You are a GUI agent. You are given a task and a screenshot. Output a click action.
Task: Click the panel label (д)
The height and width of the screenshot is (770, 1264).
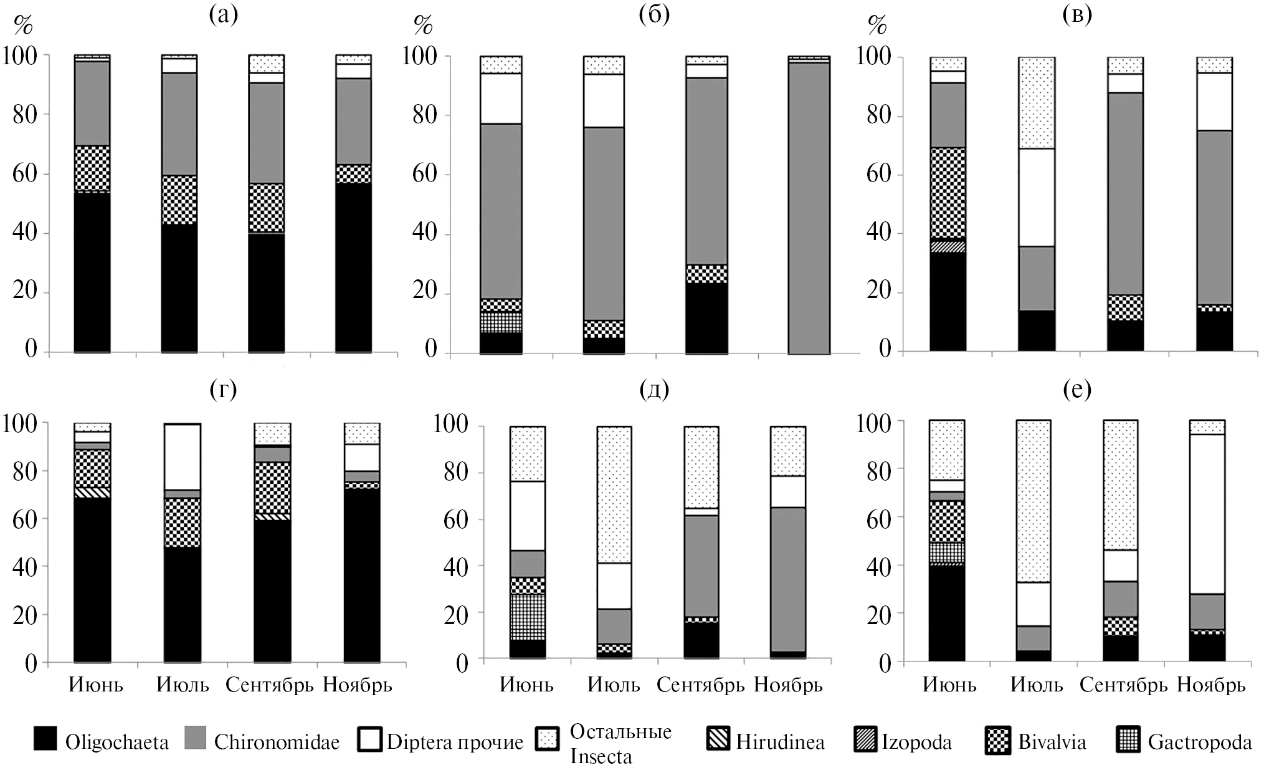coord(654,390)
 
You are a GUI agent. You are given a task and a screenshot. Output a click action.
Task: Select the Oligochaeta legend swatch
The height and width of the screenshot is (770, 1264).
coord(45,740)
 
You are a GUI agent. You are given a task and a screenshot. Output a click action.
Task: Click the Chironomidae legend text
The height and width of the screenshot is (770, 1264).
coord(277,742)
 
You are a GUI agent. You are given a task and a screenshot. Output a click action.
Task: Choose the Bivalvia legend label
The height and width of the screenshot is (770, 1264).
coord(1052,742)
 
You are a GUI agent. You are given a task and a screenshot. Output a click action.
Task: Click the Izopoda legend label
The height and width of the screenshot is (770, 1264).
coord(916,742)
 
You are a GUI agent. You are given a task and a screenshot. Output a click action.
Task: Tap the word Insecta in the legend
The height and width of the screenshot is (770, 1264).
coord(601,756)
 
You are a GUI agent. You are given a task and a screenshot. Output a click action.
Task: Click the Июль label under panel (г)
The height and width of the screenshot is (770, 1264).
coord(182,685)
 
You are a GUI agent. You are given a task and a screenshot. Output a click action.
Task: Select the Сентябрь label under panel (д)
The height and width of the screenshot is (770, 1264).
coord(700,685)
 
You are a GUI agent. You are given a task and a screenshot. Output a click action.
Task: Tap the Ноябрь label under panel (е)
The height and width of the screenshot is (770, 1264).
coord(1211,685)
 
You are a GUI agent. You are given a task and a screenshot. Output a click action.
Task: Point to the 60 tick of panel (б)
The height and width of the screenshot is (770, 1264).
coord(424,173)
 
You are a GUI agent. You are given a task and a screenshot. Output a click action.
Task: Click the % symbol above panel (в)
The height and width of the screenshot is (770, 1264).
coord(877,26)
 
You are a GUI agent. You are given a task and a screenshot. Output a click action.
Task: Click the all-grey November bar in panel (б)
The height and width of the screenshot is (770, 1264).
coord(809,206)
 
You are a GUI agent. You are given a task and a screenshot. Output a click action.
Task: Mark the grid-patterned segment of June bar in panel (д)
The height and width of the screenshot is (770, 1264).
coord(527,617)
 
